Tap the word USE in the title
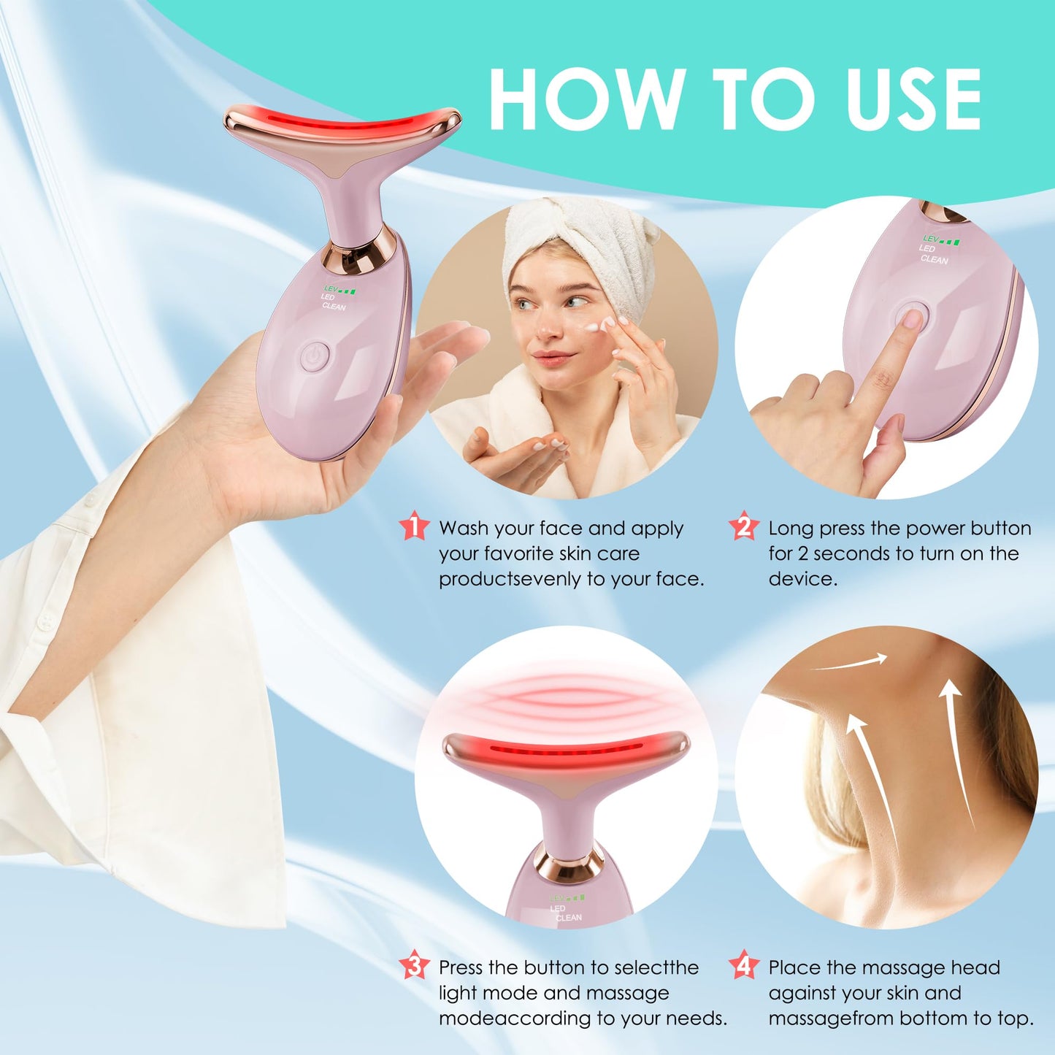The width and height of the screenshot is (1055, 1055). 913,99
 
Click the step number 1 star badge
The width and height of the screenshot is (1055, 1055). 414,526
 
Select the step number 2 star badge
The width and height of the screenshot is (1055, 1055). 744,526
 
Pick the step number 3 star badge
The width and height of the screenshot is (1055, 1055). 414,966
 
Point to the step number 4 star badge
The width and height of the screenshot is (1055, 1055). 744,966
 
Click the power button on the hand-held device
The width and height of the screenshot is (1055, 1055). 314,356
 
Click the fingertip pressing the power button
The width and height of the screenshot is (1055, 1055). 911,319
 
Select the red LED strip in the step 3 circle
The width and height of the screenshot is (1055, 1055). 565,748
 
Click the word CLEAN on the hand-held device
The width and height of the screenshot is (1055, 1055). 334,306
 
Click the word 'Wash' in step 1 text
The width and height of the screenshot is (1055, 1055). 464,528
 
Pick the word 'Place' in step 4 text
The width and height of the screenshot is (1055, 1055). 795,967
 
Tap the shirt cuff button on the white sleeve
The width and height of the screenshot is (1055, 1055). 48,622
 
